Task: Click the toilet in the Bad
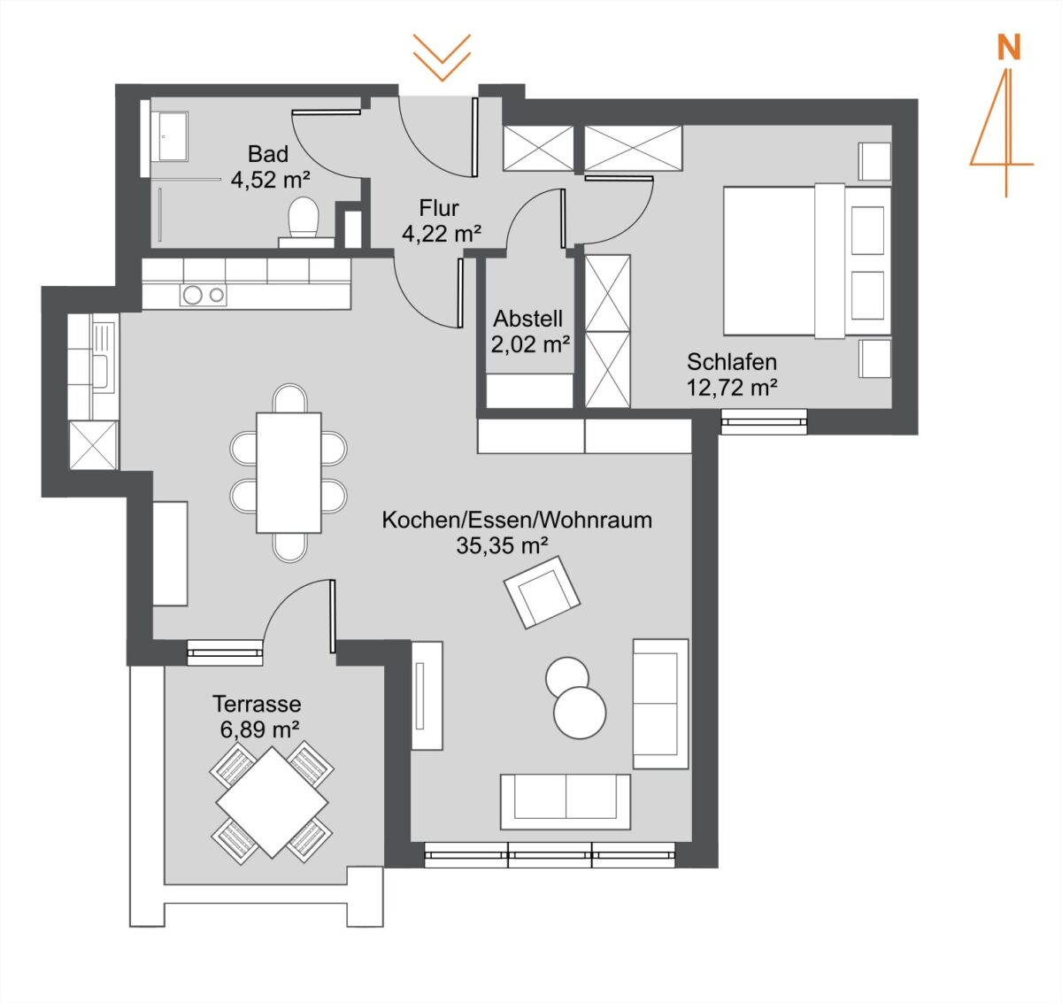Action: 304,222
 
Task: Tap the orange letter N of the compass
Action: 1009,48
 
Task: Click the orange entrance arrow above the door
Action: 442,58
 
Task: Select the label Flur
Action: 438,207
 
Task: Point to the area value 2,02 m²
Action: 530,344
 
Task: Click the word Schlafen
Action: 732,362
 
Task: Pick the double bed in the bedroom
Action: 807,261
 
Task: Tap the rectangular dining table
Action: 289,473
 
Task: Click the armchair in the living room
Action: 542,592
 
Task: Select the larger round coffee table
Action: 580,713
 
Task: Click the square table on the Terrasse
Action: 272,802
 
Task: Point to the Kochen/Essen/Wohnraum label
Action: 517,520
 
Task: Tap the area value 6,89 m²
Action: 259,729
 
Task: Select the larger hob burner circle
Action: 192,295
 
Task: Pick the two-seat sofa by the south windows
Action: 566,801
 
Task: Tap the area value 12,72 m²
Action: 732,387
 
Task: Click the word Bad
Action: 268,154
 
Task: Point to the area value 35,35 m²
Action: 502,545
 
